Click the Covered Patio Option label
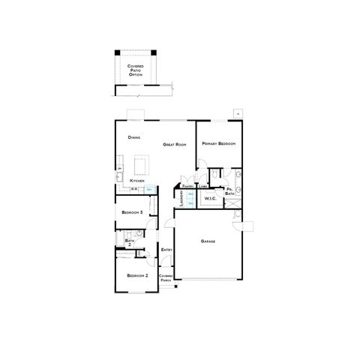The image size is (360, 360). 135,70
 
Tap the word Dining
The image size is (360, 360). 134,138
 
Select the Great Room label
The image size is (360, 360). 174,144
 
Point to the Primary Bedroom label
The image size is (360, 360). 218,143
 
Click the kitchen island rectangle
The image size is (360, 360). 139,163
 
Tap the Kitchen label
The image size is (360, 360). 136,181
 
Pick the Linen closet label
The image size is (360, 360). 202,186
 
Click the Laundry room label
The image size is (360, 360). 181,198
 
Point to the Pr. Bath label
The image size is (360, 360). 229,191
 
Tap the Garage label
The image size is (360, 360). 208,241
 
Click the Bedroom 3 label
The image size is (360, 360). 132,212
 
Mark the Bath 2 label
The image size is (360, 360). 129,242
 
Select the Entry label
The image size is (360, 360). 166,250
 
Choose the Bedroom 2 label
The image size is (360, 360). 136,276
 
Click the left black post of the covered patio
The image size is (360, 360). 116,52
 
